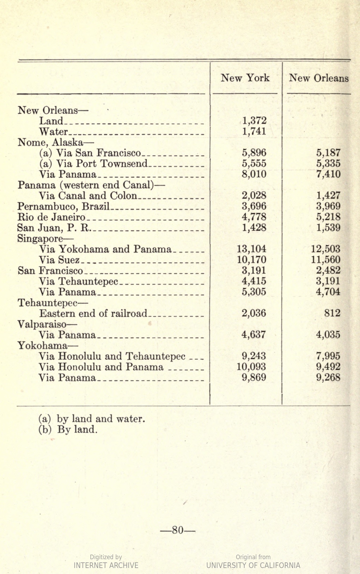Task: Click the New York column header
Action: (x=245, y=78)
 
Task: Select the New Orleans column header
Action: (x=319, y=78)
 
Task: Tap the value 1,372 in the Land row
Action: (x=254, y=121)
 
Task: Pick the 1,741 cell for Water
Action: (x=254, y=131)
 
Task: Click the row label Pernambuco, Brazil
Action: (x=64, y=206)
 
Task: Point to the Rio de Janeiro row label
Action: (x=51, y=217)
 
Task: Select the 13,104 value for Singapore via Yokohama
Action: (x=251, y=249)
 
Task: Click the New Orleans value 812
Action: (x=332, y=313)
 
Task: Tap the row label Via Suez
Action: (x=59, y=260)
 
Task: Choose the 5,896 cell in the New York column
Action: (x=254, y=153)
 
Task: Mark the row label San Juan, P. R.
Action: (x=54, y=228)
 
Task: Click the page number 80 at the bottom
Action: (x=178, y=530)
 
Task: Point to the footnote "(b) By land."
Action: (x=68, y=430)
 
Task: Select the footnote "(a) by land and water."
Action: (x=92, y=419)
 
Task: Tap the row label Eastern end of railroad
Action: (x=93, y=313)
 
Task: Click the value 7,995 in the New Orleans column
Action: (x=328, y=356)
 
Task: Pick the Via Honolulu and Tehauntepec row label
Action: (x=112, y=356)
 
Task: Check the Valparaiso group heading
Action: (x=47, y=324)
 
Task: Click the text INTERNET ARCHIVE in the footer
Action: (x=106, y=565)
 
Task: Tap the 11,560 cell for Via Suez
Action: (x=326, y=260)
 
